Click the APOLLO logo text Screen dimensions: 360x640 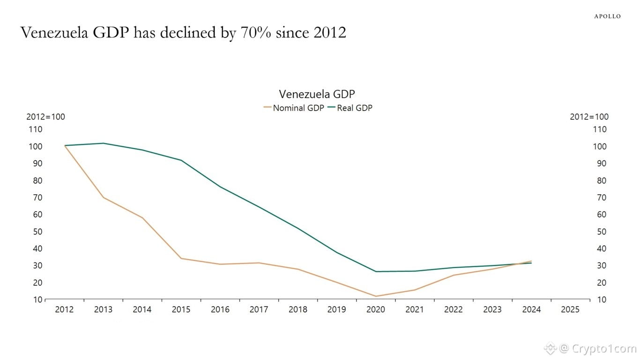[x=607, y=16]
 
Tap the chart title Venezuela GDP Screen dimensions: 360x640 [x=317, y=94]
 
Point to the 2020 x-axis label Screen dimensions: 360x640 [x=376, y=309]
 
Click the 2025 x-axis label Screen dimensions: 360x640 [x=570, y=309]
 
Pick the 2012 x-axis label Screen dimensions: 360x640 [x=64, y=309]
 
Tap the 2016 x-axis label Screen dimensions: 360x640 [x=220, y=309]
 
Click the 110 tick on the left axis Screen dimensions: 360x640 [x=36, y=129]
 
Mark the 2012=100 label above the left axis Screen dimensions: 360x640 [x=45, y=117]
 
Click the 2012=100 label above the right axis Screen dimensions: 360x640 [x=589, y=117]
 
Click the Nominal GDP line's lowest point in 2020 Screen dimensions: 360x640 [x=376, y=296]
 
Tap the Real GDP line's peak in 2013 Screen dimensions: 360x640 [x=103, y=143]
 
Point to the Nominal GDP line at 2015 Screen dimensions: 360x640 [x=181, y=258]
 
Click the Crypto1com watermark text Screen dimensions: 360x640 [x=602, y=348]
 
